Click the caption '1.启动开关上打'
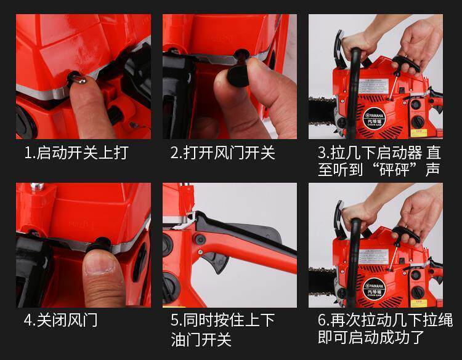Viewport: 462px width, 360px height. pyautogui.click(x=76, y=153)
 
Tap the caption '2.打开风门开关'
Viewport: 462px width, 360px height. pyautogui.click(x=223, y=153)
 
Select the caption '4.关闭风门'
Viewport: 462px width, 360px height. pyautogui.click(x=61, y=320)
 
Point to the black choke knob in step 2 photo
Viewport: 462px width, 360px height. pyautogui.click(x=238, y=76)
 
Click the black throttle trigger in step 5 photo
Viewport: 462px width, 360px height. pyautogui.click(x=216, y=261)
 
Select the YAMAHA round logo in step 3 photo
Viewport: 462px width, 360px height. pyautogui.click(x=374, y=118)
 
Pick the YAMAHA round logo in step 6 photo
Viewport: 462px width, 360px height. pyautogui.click(x=375, y=289)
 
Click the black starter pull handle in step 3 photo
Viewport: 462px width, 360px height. pyautogui.click(x=406, y=64)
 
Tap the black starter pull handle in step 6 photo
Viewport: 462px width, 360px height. pyautogui.click(x=407, y=234)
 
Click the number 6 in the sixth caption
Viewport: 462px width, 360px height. pyautogui.click(x=322, y=320)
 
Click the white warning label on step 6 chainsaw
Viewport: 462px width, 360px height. pyautogui.click(x=374, y=256)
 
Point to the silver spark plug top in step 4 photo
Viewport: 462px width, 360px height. pyautogui.click(x=38, y=186)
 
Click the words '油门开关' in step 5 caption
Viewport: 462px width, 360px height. pyautogui.click(x=201, y=339)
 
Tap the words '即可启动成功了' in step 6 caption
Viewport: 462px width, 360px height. pyautogui.click(x=371, y=337)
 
